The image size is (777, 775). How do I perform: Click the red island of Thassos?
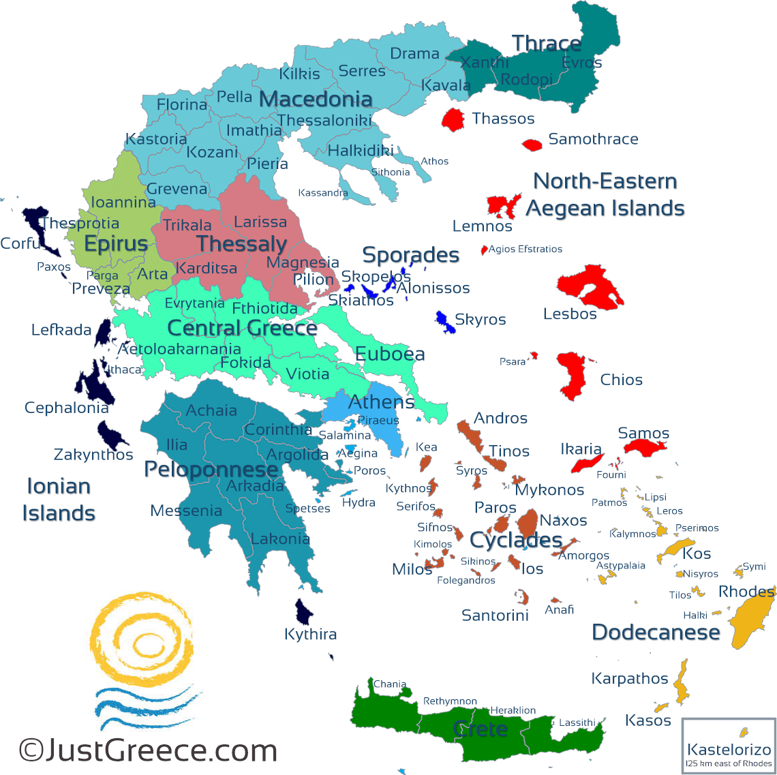click(453, 119)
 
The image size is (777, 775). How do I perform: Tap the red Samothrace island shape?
click(532, 145)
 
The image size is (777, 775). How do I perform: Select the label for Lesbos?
click(570, 314)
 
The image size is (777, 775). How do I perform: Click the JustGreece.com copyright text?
click(148, 750)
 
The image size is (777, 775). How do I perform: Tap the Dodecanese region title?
click(656, 632)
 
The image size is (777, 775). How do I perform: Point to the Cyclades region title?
click(516, 540)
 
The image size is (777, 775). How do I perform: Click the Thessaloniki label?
click(324, 121)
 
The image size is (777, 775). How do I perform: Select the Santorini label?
click(495, 616)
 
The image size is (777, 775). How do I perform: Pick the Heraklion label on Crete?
click(513, 710)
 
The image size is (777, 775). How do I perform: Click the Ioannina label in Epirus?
click(123, 202)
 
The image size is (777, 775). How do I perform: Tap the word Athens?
click(381, 402)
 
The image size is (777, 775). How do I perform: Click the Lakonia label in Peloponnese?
click(280, 538)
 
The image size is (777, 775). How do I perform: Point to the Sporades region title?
click(410, 255)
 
